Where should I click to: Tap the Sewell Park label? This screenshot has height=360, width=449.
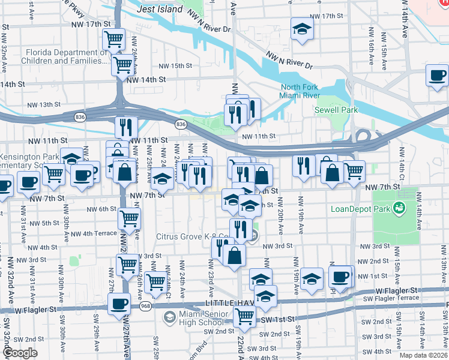click(336, 110)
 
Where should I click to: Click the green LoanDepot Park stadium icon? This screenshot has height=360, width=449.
click(398, 208)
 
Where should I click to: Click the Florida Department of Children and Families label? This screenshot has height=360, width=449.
click(60, 56)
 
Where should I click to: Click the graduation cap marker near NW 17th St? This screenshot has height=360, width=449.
click(303, 29)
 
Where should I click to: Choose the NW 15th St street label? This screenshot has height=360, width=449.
click(175, 66)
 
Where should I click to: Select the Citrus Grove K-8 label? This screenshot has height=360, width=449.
click(194, 236)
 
